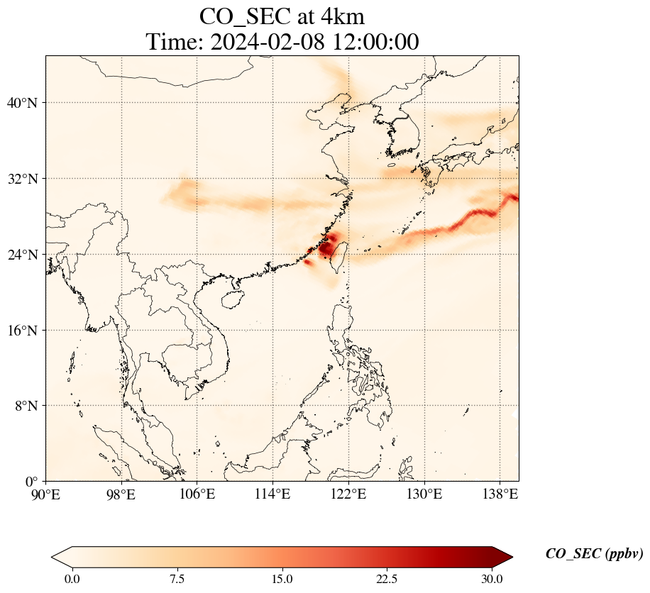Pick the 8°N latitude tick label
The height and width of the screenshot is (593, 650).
tap(24, 406)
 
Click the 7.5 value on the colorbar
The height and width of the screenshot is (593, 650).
tap(177, 580)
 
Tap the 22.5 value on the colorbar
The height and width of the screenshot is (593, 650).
tap(387, 580)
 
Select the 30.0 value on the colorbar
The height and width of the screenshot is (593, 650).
tap(492, 580)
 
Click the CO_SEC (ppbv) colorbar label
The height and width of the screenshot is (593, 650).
tap(594, 555)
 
